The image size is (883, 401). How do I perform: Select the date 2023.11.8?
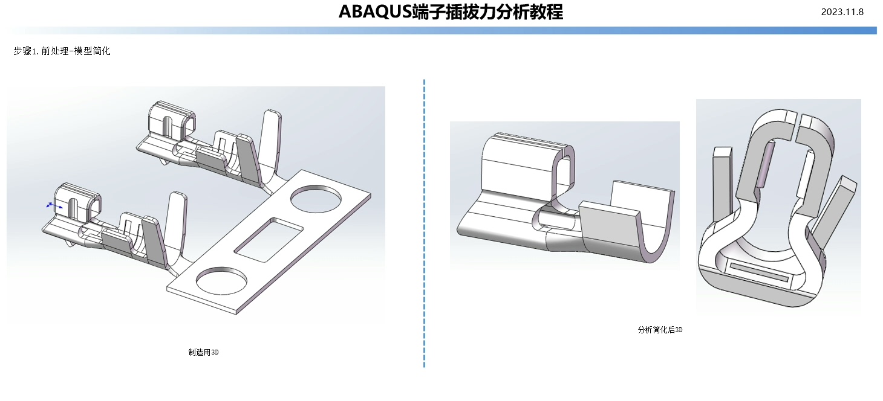pos(842,12)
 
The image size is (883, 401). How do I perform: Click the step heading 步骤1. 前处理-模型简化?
pos(62,52)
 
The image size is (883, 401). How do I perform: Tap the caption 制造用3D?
pos(203,352)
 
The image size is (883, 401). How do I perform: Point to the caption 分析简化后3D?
pos(660,330)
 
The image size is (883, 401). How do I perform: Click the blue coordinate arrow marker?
pos(54,205)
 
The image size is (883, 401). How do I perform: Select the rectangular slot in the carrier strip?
pos(269,239)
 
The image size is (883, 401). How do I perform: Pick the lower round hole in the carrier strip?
pos(221,282)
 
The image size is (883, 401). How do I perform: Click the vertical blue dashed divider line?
pos(425,223)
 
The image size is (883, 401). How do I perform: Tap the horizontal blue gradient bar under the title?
pos(442,30)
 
